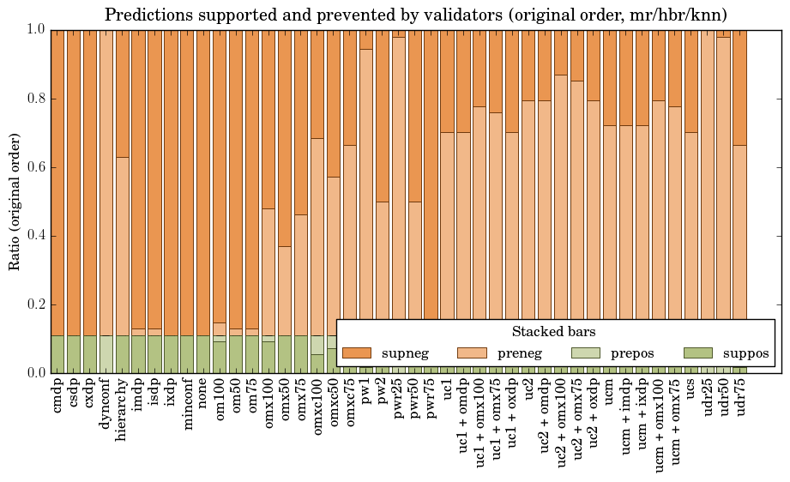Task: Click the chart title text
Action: point(416,15)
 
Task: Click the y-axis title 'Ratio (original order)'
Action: point(15,201)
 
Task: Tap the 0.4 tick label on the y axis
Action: point(33,236)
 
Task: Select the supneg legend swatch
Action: point(356,353)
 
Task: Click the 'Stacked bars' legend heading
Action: point(553,332)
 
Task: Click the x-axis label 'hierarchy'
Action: point(123,407)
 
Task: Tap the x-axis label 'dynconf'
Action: point(106,403)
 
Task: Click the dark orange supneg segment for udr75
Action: point(739,86)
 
